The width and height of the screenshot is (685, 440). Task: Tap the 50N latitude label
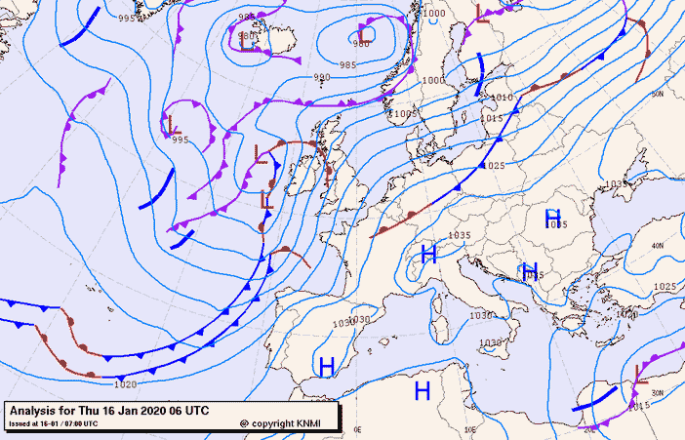(658, 94)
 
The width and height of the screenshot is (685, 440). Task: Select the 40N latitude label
(658, 245)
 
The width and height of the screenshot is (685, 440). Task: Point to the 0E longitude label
(357, 428)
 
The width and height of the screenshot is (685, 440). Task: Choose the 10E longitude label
(470, 428)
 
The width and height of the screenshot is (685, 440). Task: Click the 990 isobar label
(322, 78)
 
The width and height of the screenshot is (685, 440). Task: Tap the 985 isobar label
(347, 64)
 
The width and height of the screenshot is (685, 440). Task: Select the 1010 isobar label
(502, 98)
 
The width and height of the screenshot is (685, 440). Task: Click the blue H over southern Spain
(327, 366)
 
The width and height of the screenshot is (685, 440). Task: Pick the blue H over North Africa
(423, 390)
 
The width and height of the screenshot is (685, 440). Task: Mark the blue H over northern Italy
(427, 255)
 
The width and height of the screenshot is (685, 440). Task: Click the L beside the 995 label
(174, 125)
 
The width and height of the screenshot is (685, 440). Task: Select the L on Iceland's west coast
(247, 41)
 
